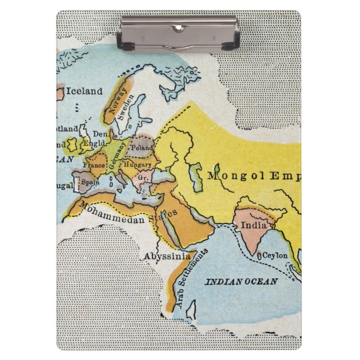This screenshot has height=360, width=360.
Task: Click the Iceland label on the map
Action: point(84,91)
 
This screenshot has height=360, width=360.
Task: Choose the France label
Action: point(94,165)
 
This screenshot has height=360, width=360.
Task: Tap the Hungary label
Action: point(138,165)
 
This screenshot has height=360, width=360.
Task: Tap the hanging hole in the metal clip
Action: point(179,26)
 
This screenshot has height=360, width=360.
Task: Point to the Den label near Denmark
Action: point(98,134)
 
